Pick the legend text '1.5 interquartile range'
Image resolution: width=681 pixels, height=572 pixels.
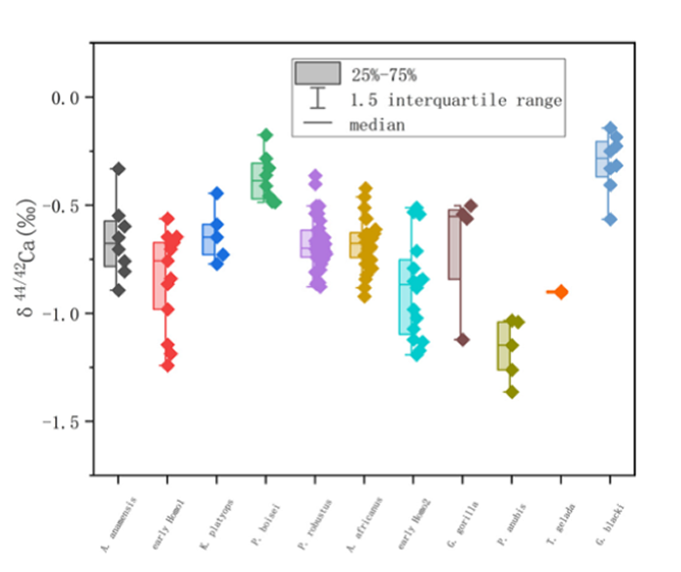[x=458, y=99]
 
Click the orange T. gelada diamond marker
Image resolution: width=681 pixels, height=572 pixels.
[x=560, y=292]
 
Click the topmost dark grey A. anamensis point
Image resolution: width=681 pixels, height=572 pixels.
[x=118, y=169]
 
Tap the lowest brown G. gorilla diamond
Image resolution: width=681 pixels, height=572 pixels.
[x=462, y=340]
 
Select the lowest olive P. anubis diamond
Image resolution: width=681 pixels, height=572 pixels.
[x=512, y=392]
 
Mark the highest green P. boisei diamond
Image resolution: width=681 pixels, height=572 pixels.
[x=266, y=135]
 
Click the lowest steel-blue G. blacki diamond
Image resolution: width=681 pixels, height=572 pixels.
[x=610, y=220]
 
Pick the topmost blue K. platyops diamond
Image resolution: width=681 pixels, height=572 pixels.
[x=217, y=194]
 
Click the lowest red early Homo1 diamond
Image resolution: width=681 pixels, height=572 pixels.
[x=167, y=366]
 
